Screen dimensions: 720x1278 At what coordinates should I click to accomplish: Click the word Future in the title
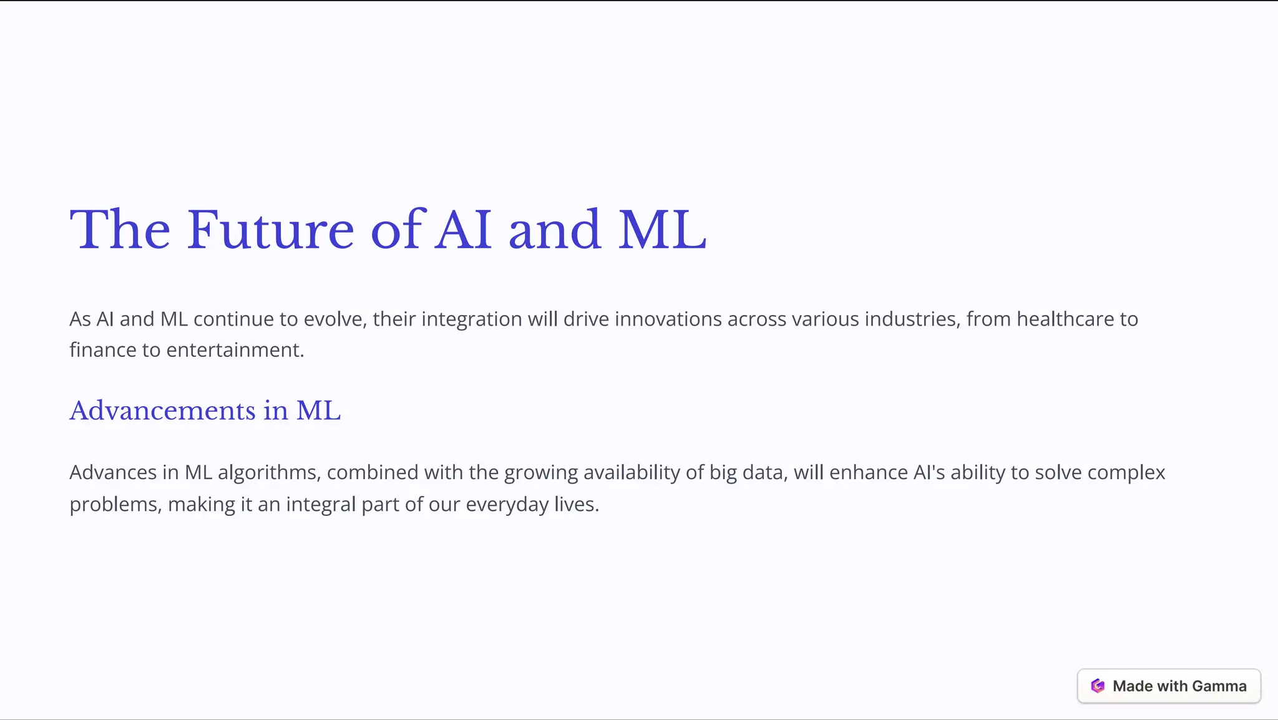pos(270,230)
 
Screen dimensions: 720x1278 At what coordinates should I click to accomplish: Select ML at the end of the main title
pos(662,230)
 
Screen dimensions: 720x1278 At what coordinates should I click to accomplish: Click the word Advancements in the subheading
pos(162,411)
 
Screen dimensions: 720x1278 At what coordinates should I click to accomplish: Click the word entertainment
pos(235,350)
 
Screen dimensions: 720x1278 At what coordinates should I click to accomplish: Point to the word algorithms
pos(268,473)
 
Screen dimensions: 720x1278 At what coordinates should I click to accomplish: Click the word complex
pos(1126,473)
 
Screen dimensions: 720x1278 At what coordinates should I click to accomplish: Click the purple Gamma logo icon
pos(1098,686)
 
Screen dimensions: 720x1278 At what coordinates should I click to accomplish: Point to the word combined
pos(373,473)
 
